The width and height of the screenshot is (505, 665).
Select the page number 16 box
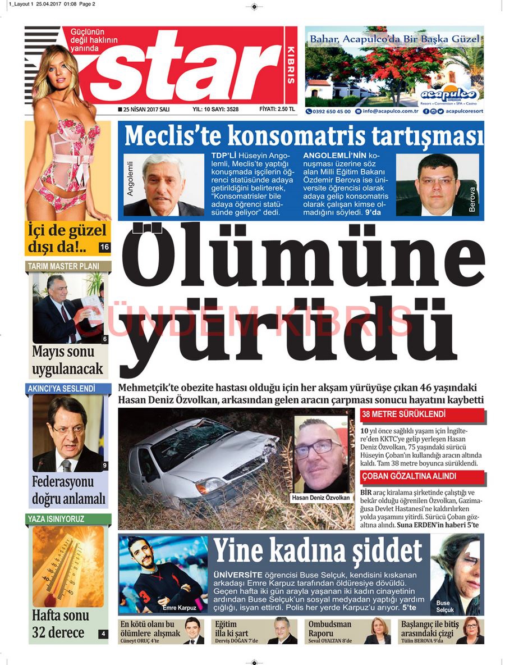(x=104, y=247)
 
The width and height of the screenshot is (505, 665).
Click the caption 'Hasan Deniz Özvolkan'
(x=321, y=498)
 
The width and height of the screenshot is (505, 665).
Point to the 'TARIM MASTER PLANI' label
(x=63, y=266)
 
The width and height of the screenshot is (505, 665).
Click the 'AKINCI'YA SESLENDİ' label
(x=61, y=388)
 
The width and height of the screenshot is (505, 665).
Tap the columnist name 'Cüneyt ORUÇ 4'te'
(x=140, y=641)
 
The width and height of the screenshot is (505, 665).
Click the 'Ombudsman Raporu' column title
(x=330, y=628)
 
